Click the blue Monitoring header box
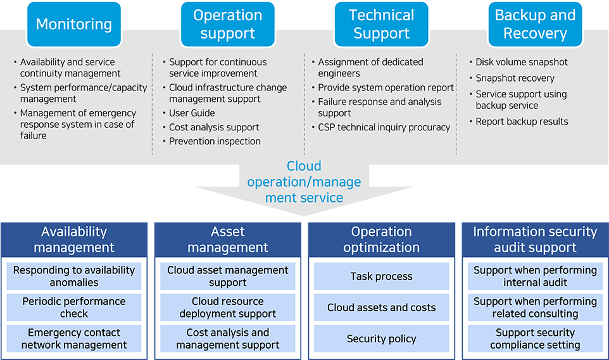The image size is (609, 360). [74, 25]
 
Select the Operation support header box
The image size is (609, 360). [227, 25]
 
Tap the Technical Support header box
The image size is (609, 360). [381, 25]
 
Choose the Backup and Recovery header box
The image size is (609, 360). [535, 25]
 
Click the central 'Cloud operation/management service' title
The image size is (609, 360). [304, 182]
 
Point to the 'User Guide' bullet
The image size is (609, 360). [192, 113]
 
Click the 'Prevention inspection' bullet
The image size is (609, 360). [215, 141]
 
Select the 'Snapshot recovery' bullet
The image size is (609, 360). [515, 78]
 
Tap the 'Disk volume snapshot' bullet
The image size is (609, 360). [522, 62]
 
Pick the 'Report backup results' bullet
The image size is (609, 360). [522, 121]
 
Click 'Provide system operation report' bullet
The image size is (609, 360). [386, 88]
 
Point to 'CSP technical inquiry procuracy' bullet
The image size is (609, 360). [384, 127]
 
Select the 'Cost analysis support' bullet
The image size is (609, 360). [214, 127]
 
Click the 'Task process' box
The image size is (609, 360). [381, 276]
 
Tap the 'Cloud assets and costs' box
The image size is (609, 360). [381, 307]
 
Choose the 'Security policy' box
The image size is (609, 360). [381, 338]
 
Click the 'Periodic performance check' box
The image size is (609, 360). [74, 307]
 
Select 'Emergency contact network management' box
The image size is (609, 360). [74, 338]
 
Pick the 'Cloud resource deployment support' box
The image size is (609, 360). [227, 307]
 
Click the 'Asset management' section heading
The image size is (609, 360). [227, 239]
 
